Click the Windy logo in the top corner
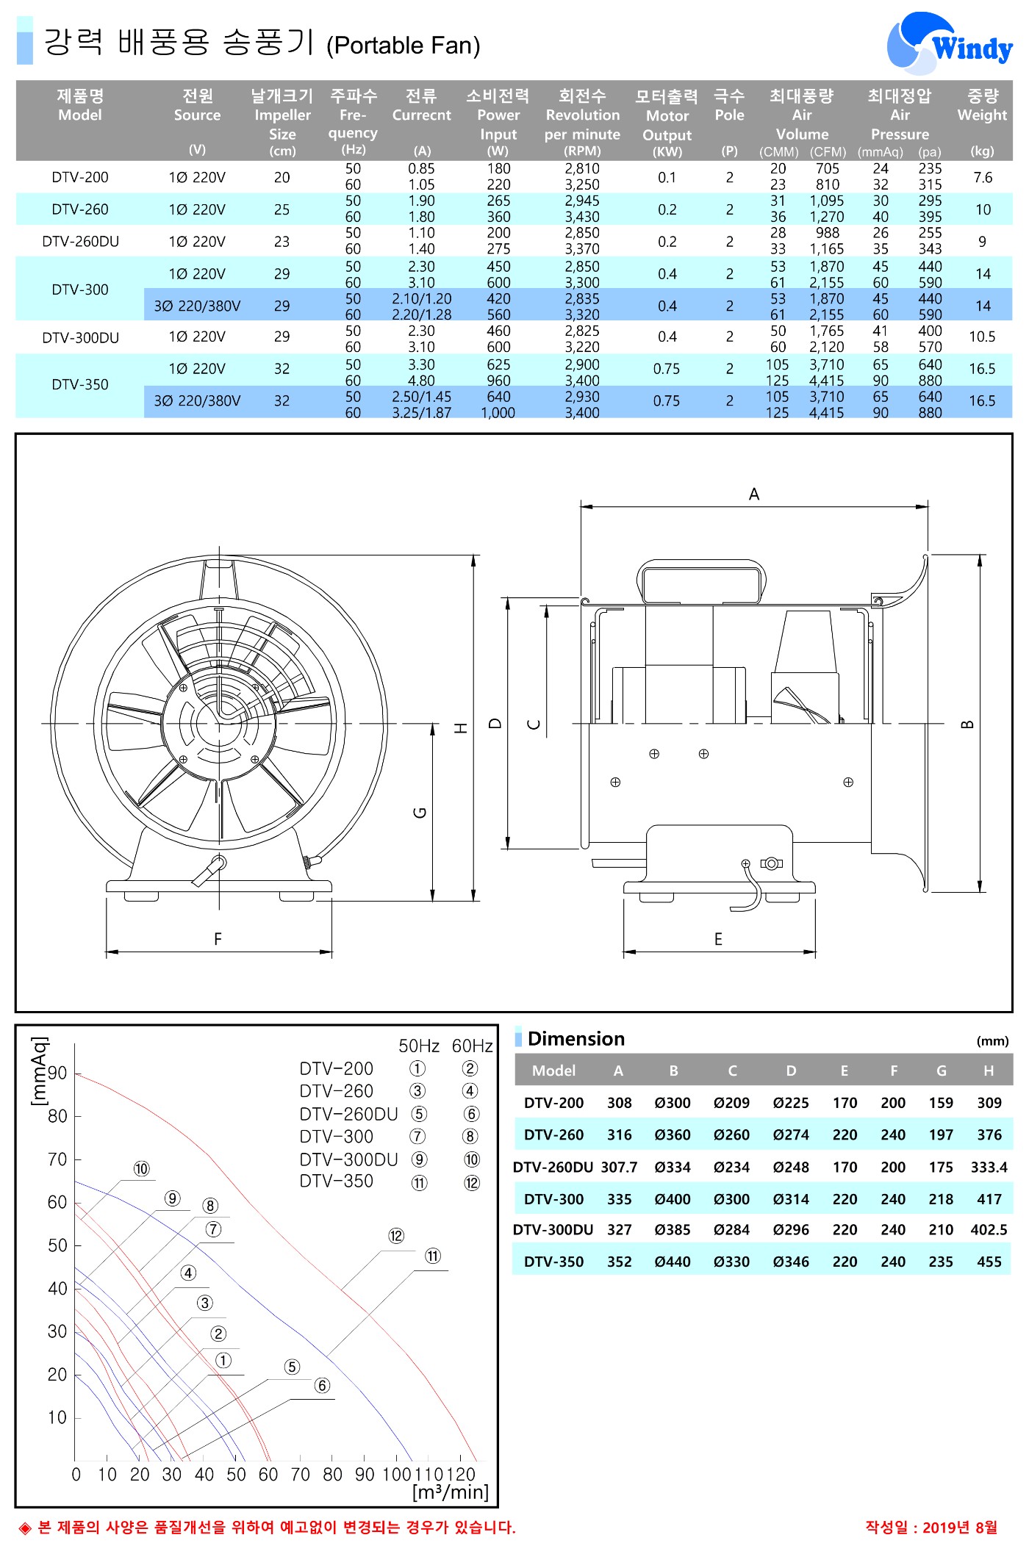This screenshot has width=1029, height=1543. [950, 43]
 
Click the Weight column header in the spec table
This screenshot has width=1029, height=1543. [982, 105]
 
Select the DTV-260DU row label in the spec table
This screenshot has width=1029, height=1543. [80, 242]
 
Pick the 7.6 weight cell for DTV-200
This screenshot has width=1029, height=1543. [983, 177]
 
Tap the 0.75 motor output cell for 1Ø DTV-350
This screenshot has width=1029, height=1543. [667, 369]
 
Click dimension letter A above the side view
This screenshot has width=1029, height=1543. [754, 494]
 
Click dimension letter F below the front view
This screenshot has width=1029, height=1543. [218, 939]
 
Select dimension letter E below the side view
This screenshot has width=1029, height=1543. [718, 939]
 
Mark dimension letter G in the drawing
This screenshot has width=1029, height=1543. [420, 812]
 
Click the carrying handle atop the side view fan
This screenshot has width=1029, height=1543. [701, 580]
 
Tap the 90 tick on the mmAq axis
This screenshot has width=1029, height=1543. [57, 1073]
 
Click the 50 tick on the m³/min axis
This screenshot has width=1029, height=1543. [236, 1475]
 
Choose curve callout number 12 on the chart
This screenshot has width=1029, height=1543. [396, 1236]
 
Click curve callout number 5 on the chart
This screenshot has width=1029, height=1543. [293, 1367]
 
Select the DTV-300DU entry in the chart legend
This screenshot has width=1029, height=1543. [348, 1159]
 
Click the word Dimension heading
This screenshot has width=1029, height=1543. [576, 1039]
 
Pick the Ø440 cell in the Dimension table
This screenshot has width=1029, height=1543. [673, 1262]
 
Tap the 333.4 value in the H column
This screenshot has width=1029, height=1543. [989, 1167]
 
